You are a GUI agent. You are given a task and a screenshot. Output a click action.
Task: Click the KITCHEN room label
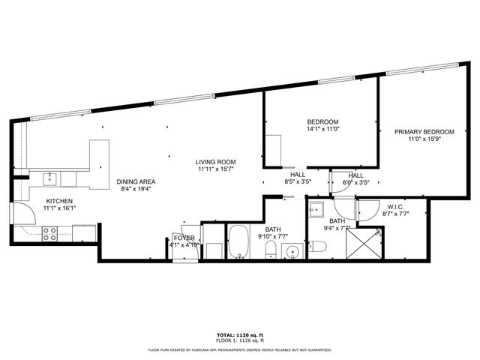pos(58,201)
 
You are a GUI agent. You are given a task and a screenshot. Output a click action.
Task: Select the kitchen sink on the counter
pos(51,178)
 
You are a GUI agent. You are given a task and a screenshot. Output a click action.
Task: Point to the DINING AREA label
pos(136,181)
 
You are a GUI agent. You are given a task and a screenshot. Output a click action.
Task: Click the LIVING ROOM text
pos(216,162)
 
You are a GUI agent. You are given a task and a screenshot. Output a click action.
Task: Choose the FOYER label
pos(184,238)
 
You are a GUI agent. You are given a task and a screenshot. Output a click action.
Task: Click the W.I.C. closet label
pos(396,206)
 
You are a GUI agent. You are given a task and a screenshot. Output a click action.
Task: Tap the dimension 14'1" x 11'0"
pos(323,130)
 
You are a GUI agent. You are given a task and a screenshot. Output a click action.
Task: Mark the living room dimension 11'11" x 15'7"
pos(216,169)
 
